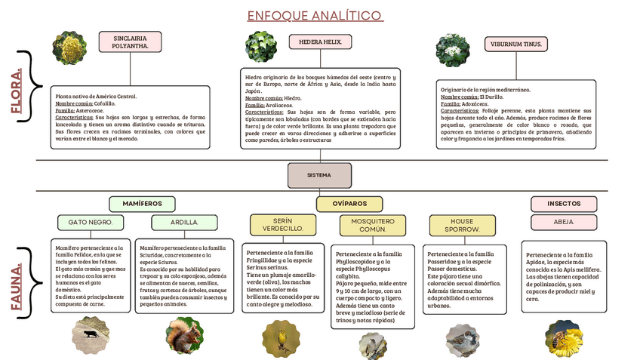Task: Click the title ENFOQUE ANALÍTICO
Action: click(x=314, y=16)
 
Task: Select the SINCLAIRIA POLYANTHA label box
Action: click(x=130, y=42)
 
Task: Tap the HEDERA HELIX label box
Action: click(x=320, y=42)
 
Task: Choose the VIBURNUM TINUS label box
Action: click(x=515, y=45)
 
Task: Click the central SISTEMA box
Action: click(x=319, y=175)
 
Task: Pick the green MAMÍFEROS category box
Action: click(x=142, y=204)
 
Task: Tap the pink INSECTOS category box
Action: click(x=564, y=204)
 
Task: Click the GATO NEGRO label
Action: click(x=91, y=223)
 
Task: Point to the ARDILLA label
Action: click(x=184, y=223)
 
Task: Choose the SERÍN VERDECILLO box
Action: click(x=277, y=224)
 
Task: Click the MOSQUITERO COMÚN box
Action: click(x=373, y=224)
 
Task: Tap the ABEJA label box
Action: click(x=564, y=222)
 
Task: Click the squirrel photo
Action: click(x=183, y=335)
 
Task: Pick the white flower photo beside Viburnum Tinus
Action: click(x=453, y=50)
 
